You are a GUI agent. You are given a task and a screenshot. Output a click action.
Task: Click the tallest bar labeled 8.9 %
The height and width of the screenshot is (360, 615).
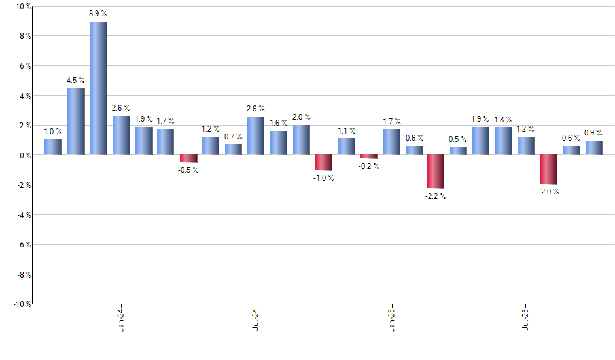coord(98,88)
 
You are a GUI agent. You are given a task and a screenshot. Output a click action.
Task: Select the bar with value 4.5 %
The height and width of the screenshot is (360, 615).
coord(76,121)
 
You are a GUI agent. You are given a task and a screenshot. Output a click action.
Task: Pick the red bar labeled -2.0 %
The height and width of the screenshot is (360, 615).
coord(549,170)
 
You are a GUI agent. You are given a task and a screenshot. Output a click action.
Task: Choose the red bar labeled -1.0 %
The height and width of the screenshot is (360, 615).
coord(323,162)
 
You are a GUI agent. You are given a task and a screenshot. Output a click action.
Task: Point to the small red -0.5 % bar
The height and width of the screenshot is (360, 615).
coord(188,158)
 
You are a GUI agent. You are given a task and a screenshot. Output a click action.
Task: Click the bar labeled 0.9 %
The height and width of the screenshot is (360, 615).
coord(594,148)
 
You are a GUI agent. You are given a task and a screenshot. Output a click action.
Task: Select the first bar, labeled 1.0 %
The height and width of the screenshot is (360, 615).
coord(53,147)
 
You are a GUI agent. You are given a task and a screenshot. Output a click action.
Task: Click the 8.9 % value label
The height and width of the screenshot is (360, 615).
coord(98,13)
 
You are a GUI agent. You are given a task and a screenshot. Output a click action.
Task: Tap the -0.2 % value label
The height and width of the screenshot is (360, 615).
coord(369,166)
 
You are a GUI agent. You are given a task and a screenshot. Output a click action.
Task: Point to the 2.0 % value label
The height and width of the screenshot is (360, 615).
coord(301,117)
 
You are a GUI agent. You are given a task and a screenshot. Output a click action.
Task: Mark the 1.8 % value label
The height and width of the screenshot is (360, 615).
coord(504,119)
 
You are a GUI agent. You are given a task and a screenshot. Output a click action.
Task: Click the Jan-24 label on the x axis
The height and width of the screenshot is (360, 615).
coord(121,319)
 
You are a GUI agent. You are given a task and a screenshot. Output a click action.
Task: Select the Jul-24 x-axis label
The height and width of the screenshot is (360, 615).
coord(255,319)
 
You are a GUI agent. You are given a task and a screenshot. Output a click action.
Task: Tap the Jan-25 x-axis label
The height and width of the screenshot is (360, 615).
coord(392,319)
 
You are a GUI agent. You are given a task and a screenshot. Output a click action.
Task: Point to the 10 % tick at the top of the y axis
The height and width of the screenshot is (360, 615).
coord(22,7)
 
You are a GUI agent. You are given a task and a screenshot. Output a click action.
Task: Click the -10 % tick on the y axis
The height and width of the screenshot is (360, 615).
coord(21,304)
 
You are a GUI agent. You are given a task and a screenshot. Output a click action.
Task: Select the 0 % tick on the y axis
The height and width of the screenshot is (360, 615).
coord(24,155)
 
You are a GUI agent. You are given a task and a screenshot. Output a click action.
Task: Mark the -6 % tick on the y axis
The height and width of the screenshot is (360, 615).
coord(22,244)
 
